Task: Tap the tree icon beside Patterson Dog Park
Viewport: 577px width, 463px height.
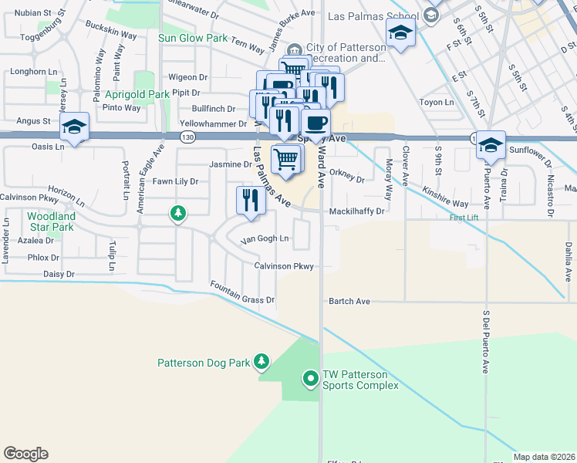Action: point(262,361)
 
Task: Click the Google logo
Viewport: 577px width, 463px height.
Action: point(25,454)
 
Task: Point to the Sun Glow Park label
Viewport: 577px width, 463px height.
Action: point(193,38)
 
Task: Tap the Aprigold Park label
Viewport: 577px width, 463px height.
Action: point(137,94)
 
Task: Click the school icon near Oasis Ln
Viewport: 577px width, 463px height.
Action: point(75,127)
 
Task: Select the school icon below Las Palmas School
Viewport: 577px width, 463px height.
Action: point(400,34)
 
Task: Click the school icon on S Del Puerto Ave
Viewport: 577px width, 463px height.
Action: point(490,145)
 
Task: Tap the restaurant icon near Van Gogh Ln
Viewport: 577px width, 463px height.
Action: point(251,201)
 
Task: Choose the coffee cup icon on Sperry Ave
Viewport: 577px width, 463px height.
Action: point(315,123)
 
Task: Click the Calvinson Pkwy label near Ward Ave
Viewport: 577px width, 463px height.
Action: point(284,266)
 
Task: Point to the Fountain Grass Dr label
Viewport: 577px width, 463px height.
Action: point(242,293)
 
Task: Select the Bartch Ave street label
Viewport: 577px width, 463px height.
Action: point(349,301)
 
